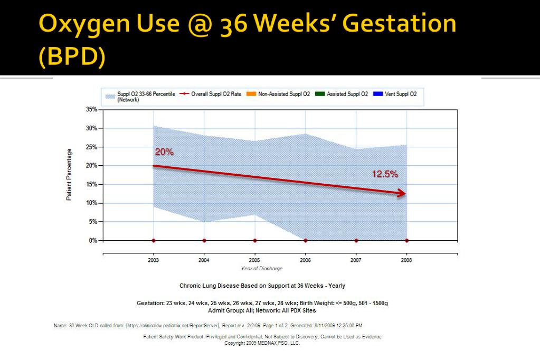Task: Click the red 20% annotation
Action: (x=164, y=152)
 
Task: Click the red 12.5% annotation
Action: (x=385, y=174)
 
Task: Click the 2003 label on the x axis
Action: (x=153, y=260)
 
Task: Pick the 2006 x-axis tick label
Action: (x=305, y=260)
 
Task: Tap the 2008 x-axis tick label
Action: (x=406, y=260)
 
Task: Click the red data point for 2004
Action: (x=204, y=241)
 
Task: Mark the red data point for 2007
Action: (x=356, y=241)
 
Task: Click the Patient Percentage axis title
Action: (x=69, y=175)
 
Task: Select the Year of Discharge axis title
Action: (x=262, y=269)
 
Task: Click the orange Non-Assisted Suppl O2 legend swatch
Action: (x=251, y=94)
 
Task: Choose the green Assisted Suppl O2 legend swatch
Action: (x=319, y=94)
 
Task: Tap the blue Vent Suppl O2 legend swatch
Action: (x=377, y=94)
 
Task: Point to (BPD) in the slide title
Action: (x=72, y=57)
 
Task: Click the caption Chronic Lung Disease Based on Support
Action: (x=262, y=286)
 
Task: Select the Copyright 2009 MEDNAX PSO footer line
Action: (x=262, y=343)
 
